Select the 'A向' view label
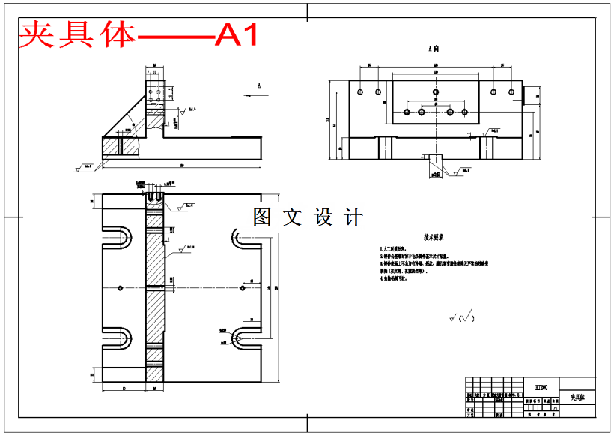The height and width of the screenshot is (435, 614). [x=434, y=48]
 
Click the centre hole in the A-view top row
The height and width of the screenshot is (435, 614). [x=436, y=91]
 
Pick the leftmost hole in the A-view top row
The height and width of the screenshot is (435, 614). [x=361, y=91]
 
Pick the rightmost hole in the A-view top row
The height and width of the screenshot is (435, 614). [x=511, y=91]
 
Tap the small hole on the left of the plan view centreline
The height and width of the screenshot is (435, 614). [x=121, y=287]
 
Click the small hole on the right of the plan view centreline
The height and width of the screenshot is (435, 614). [x=244, y=287]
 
